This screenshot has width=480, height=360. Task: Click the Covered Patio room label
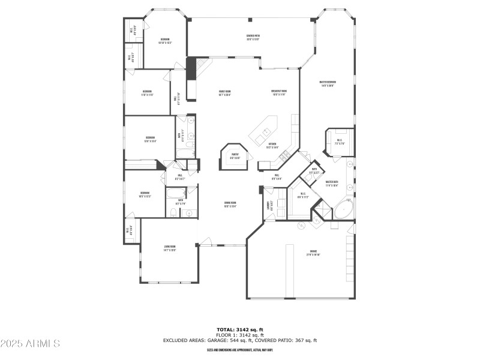(x=253, y=37)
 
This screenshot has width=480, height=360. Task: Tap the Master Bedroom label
(x=327, y=83)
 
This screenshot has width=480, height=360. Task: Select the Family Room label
(x=225, y=93)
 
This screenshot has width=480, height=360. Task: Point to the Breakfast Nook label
(x=280, y=93)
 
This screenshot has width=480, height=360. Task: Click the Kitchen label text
(x=272, y=145)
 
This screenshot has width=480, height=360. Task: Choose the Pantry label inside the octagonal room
(x=235, y=156)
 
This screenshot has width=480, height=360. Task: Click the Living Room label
(x=170, y=248)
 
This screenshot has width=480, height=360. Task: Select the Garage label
(x=313, y=253)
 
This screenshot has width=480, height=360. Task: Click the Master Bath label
(x=332, y=183)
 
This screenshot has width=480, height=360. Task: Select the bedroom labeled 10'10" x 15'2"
(x=164, y=41)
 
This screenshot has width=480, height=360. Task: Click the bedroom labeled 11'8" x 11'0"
(x=147, y=93)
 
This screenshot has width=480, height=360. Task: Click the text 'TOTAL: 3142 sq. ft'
(x=240, y=329)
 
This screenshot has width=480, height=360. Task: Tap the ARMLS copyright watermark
(x=30, y=344)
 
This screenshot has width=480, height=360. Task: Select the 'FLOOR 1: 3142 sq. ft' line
(x=240, y=335)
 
